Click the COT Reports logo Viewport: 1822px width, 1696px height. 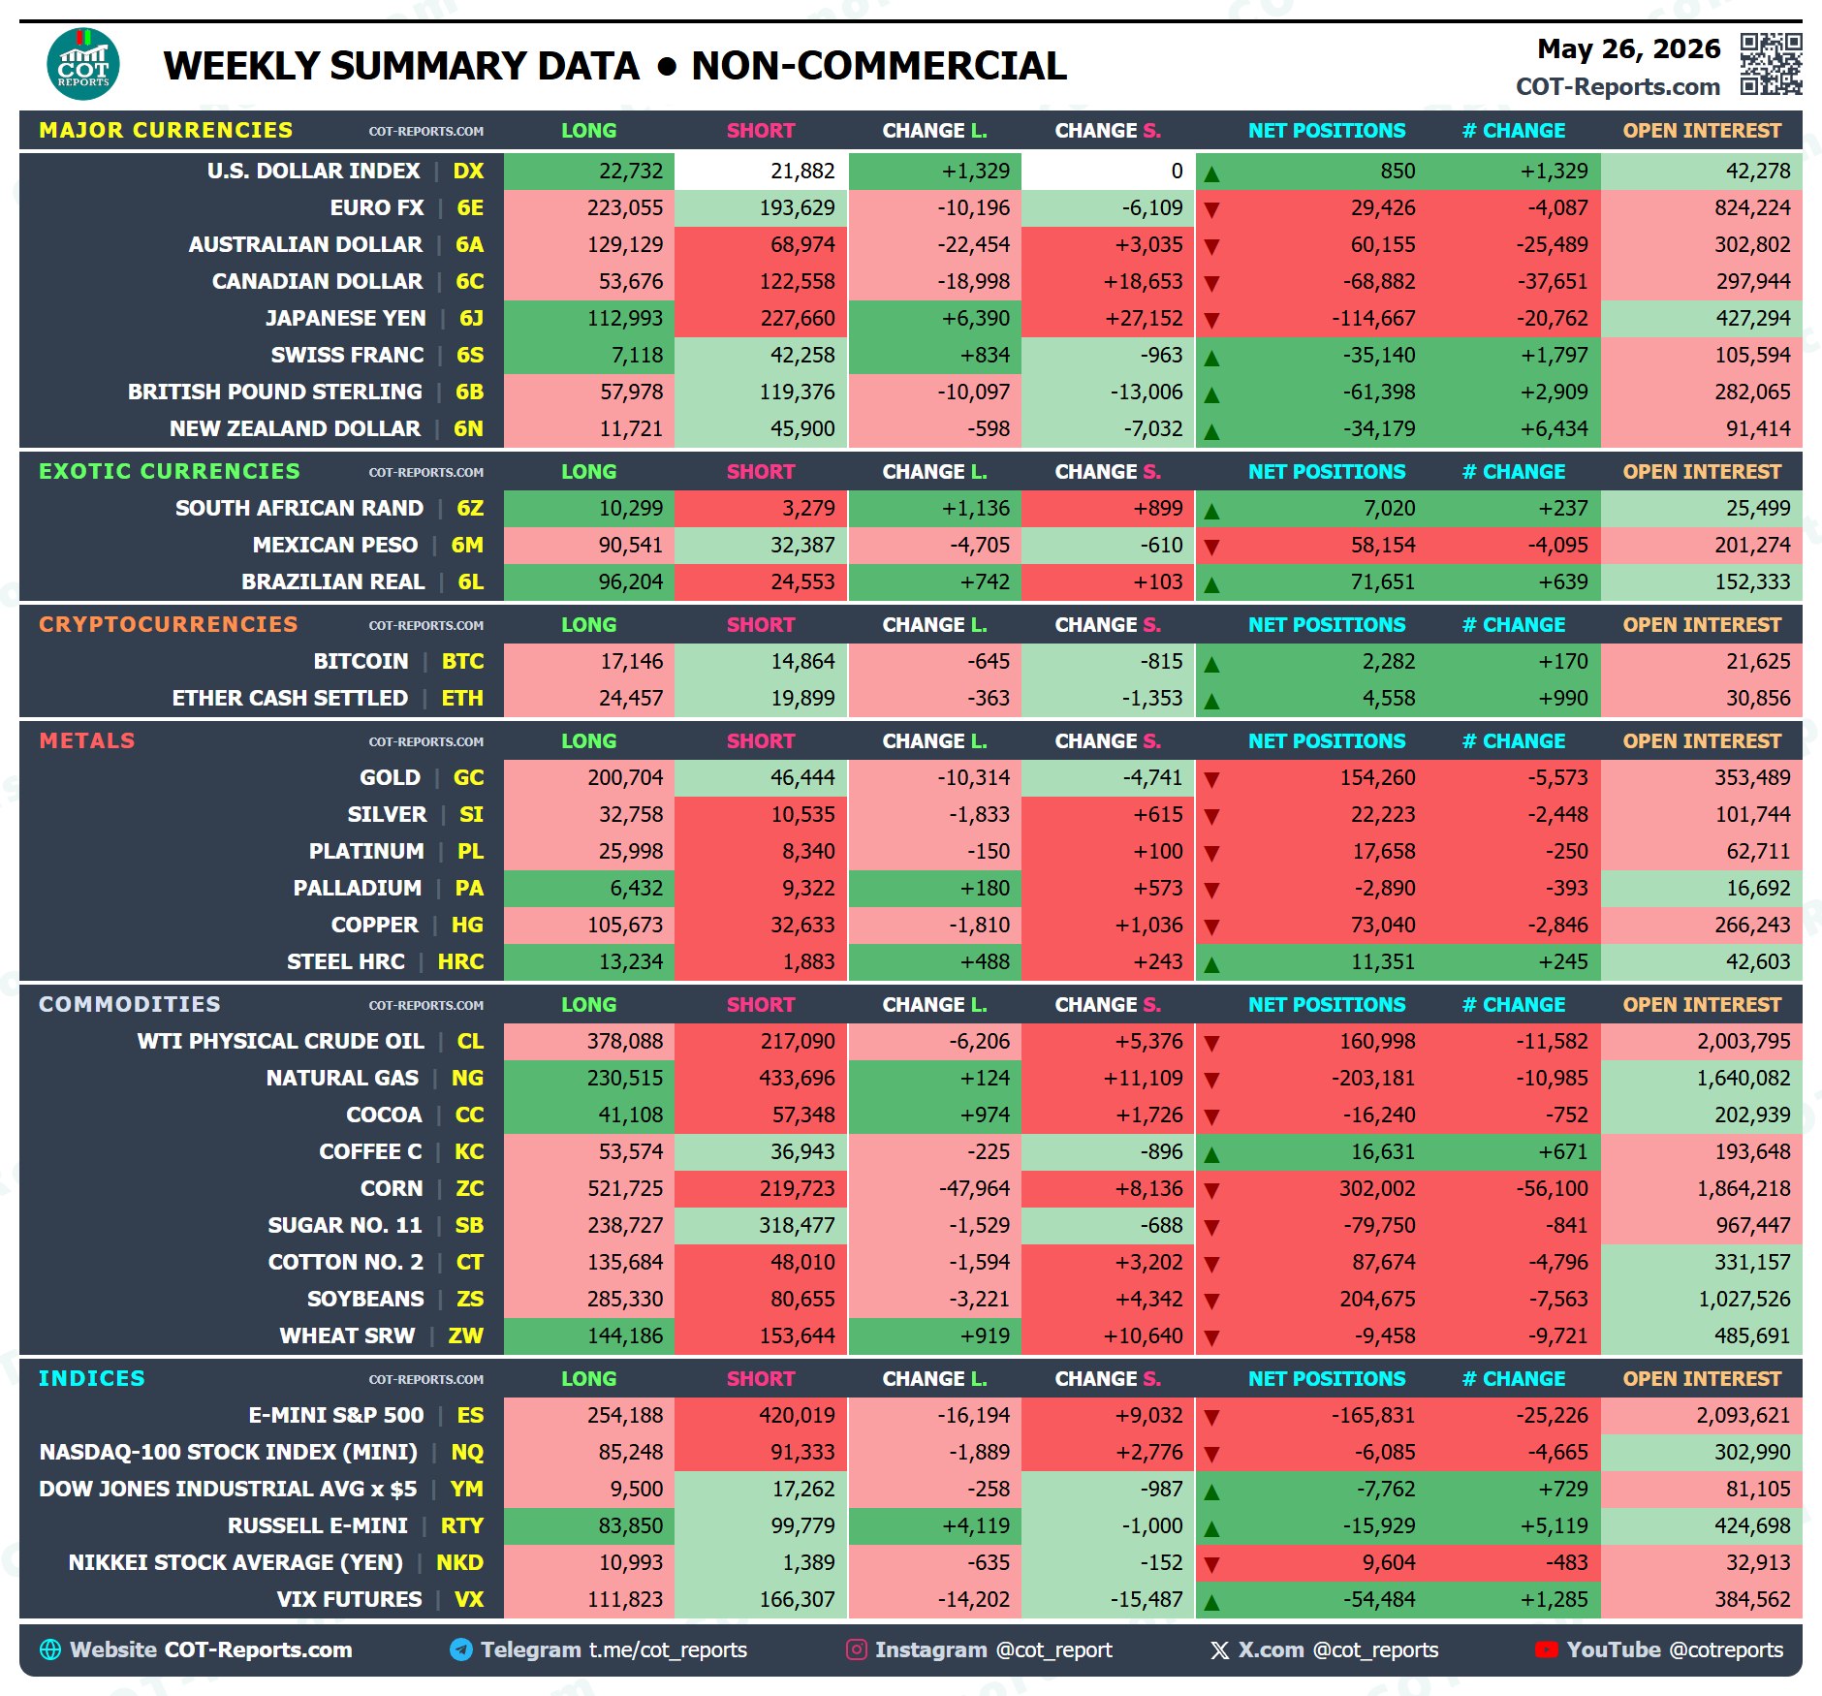pos(83,64)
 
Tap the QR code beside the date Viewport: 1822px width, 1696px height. pos(1771,64)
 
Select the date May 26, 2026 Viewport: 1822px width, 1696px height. pos(1628,48)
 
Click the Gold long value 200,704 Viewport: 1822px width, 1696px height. pos(625,777)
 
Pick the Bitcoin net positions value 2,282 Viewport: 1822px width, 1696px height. pos(1389,661)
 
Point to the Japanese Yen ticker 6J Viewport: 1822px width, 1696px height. pos(471,318)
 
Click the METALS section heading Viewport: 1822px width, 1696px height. pos(87,740)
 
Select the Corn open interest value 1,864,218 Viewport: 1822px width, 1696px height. pos(1743,1188)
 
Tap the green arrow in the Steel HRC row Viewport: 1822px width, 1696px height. pos(1211,964)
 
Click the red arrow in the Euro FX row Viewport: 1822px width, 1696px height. pos(1211,209)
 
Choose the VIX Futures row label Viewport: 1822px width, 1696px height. pos(349,1599)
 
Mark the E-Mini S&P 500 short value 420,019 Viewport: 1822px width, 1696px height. pos(797,1415)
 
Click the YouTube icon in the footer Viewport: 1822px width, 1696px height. pos(1546,1649)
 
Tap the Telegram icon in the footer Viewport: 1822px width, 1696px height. pos(461,1649)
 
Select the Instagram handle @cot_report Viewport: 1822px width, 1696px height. pos(1054,1649)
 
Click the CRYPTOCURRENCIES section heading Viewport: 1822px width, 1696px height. pos(169,624)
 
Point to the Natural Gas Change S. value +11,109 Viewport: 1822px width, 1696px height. pos(1144,1078)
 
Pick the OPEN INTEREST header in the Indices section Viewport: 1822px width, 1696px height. pos(1702,1378)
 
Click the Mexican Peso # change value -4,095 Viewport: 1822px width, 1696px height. pos(1557,545)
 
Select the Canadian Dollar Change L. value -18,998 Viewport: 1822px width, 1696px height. pos(973,281)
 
